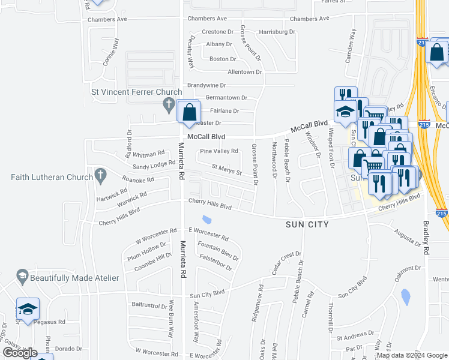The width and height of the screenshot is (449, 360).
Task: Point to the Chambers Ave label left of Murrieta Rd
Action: click(107, 19)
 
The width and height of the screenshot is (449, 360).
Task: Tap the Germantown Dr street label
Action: click(226, 98)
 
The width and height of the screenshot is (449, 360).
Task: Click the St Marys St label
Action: click(226, 170)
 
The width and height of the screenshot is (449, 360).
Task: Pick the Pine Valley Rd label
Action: click(219, 151)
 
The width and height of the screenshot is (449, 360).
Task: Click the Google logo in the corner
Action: click(20, 353)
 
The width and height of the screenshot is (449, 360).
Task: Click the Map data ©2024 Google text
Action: click(411, 355)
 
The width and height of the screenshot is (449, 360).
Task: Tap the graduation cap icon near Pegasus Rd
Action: click(28, 309)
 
